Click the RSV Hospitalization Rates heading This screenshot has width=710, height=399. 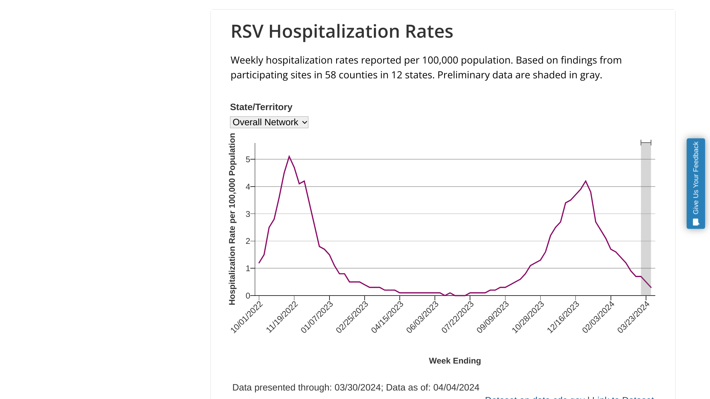coord(342,31)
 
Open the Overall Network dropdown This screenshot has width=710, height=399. coord(269,122)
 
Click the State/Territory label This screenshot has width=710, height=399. coord(261,107)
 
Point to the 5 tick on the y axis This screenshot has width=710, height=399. coord(248,159)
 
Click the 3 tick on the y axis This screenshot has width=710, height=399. coord(248,214)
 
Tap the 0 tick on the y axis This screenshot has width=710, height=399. coord(248,296)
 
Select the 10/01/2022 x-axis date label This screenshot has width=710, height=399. coord(247,317)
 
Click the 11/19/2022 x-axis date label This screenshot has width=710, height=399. coord(282,317)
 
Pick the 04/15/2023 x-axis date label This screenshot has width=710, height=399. coord(387,317)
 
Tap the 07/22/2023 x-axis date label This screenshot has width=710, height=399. coord(457,317)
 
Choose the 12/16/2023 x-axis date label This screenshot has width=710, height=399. coord(563,317)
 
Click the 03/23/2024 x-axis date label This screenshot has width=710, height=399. coord(633,317)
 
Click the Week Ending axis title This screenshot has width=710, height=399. coord(454,361)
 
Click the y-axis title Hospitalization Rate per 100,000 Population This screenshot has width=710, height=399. coord(232,219)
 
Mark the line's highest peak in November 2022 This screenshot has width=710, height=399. coord(289,157)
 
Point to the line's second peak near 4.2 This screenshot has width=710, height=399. coord(586,181)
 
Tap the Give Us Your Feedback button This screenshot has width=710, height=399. coord(696,184)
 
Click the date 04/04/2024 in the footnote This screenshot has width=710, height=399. coord(456,388)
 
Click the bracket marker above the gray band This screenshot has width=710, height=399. coord(646,143)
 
